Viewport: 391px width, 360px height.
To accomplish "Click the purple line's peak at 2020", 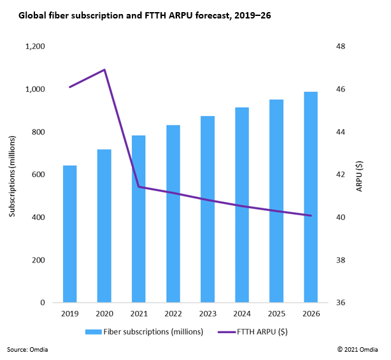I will (x=104, y=70).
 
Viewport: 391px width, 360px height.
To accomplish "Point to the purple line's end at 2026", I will (x=311, y=215).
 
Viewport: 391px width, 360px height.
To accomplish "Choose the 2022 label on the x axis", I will (x=173, y=315).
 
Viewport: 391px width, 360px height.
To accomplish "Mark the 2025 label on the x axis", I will (x=276, y=315).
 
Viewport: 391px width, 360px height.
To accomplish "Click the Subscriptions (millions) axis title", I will (x=12, y=175).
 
